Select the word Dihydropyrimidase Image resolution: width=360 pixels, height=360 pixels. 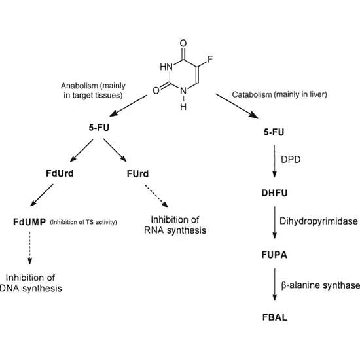pos(315,222)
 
